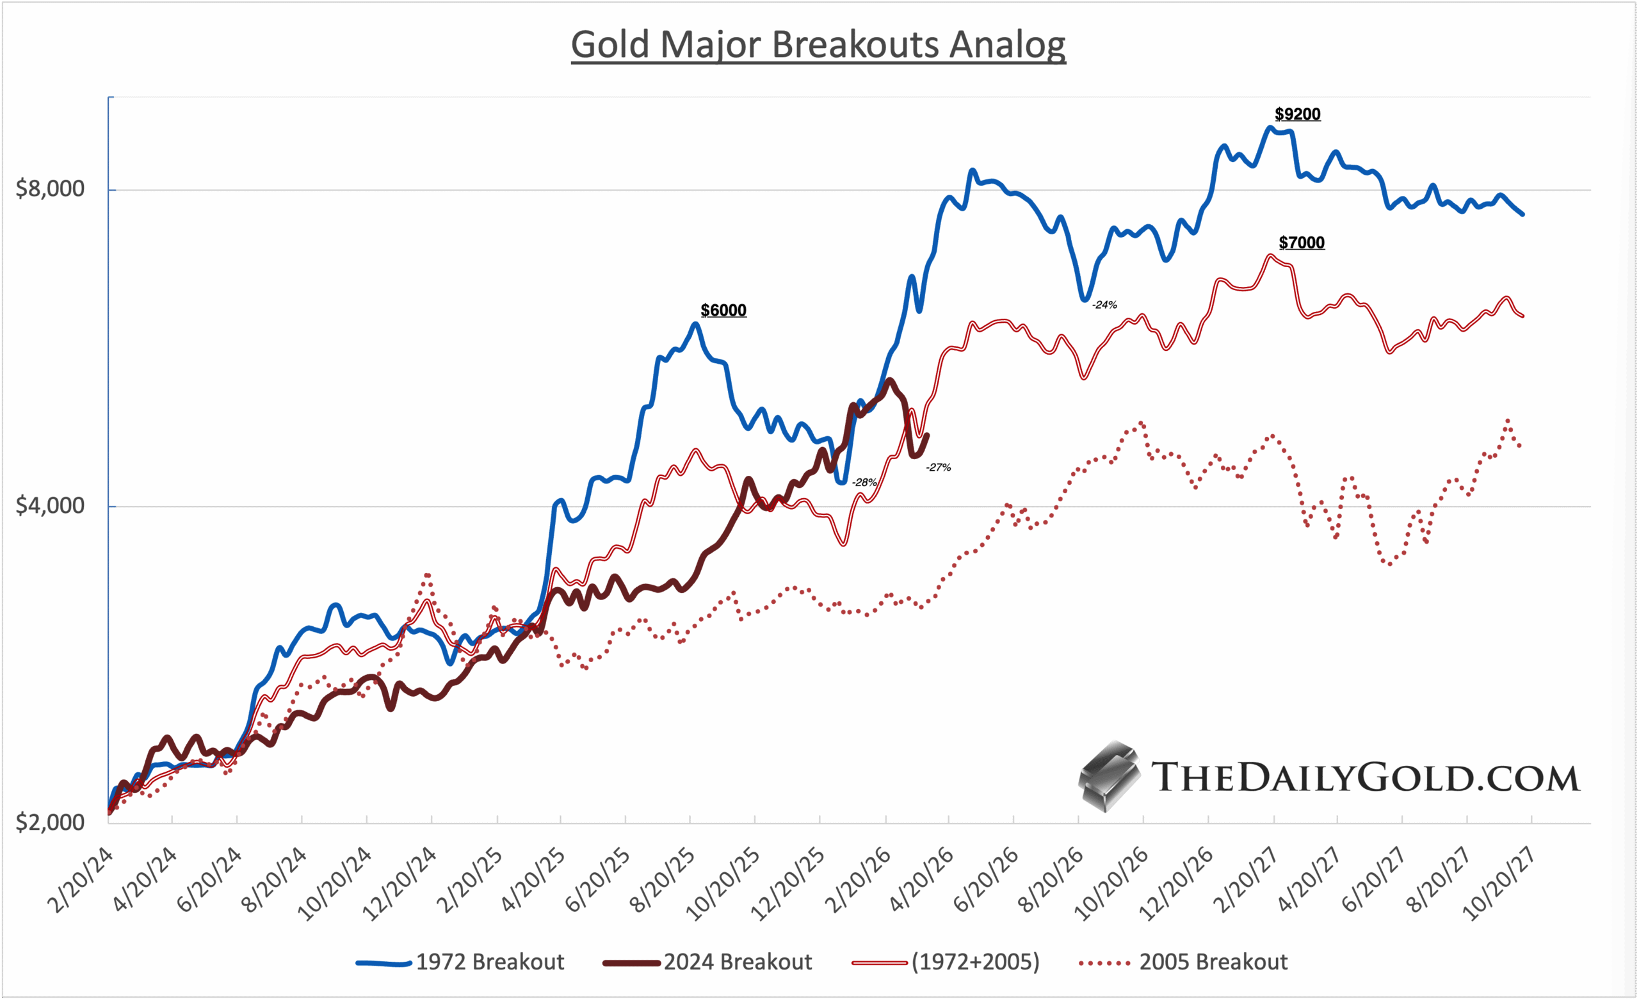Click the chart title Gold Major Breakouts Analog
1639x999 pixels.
[x=818, y=45]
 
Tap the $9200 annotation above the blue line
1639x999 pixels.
[x=1297, y=115]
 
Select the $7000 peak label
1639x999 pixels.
[x=1301, y=243]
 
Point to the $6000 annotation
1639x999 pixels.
[x=723, y=311]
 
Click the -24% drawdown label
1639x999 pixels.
[x=1104, y=305]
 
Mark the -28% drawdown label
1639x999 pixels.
[x=864, y=482]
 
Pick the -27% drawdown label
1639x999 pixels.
[x=938, y=467]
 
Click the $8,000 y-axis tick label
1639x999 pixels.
[x=50, y=189]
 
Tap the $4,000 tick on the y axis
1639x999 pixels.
[x=50, y=505]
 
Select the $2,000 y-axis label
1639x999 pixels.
[x=50, y=823]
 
